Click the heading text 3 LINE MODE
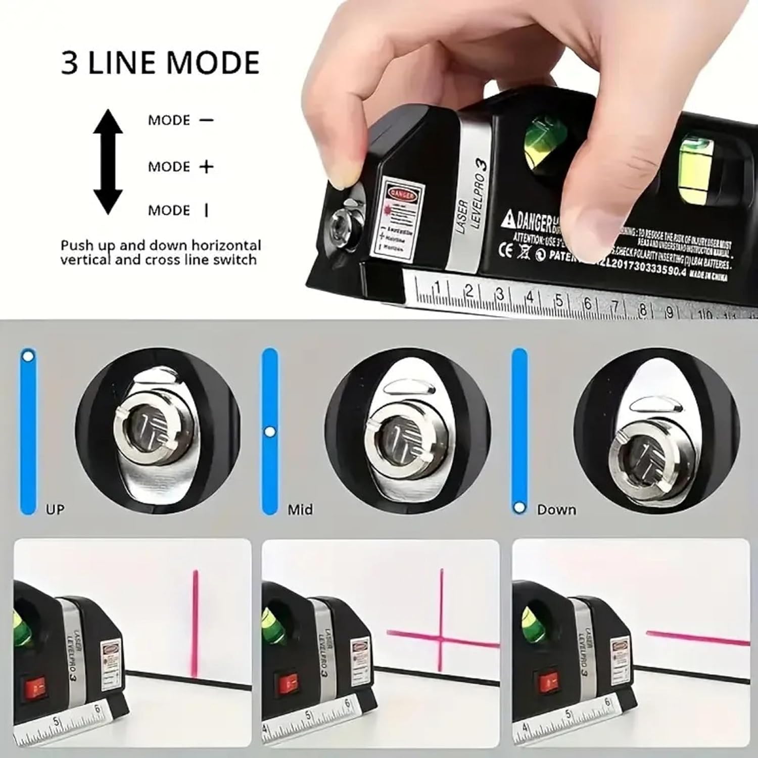tap(160, 63)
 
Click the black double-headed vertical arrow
tap(108, 162)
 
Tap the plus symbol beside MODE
tap(206, 167)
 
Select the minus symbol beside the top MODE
tap(206, 120)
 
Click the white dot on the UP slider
tap(28, 356)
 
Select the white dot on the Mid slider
tap(270, 432)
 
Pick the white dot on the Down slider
tap(519, 507)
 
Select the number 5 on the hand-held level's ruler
tap(559, 300)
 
